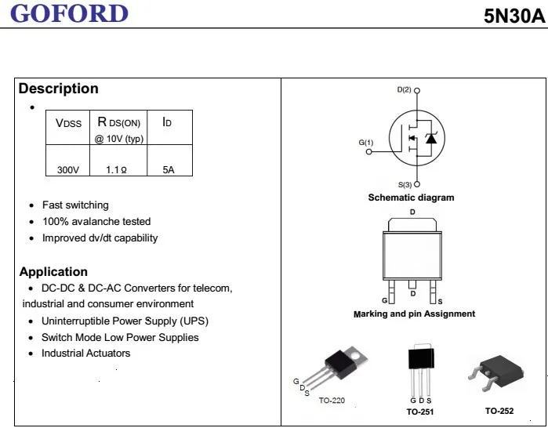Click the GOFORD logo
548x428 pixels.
click(69, 13)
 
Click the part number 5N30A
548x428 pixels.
click(514, 16)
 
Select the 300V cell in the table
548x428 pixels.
click(68, 170)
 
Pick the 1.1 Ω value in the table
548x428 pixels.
click(116, 170)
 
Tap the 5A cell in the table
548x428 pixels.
click(169, 170)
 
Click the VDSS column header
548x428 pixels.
click(68, 123)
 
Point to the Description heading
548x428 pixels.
click(58, 89)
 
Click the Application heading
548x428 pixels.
click(53, 271)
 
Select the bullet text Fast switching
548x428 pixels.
click(75, 205)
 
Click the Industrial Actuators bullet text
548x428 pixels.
click(86, 354)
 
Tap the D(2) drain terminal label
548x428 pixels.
click(404, 90)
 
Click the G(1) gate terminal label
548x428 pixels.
click(366, 143)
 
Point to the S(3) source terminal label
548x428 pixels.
click(405, 184)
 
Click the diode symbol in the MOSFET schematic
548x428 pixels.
click(431, 139)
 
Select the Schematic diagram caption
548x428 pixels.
click(411, 198)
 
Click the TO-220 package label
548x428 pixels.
click(332, 401)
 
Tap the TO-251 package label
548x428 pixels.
click(420, 412)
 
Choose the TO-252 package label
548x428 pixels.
click(499, 411)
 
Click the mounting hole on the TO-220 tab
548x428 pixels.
click(356, 357)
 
